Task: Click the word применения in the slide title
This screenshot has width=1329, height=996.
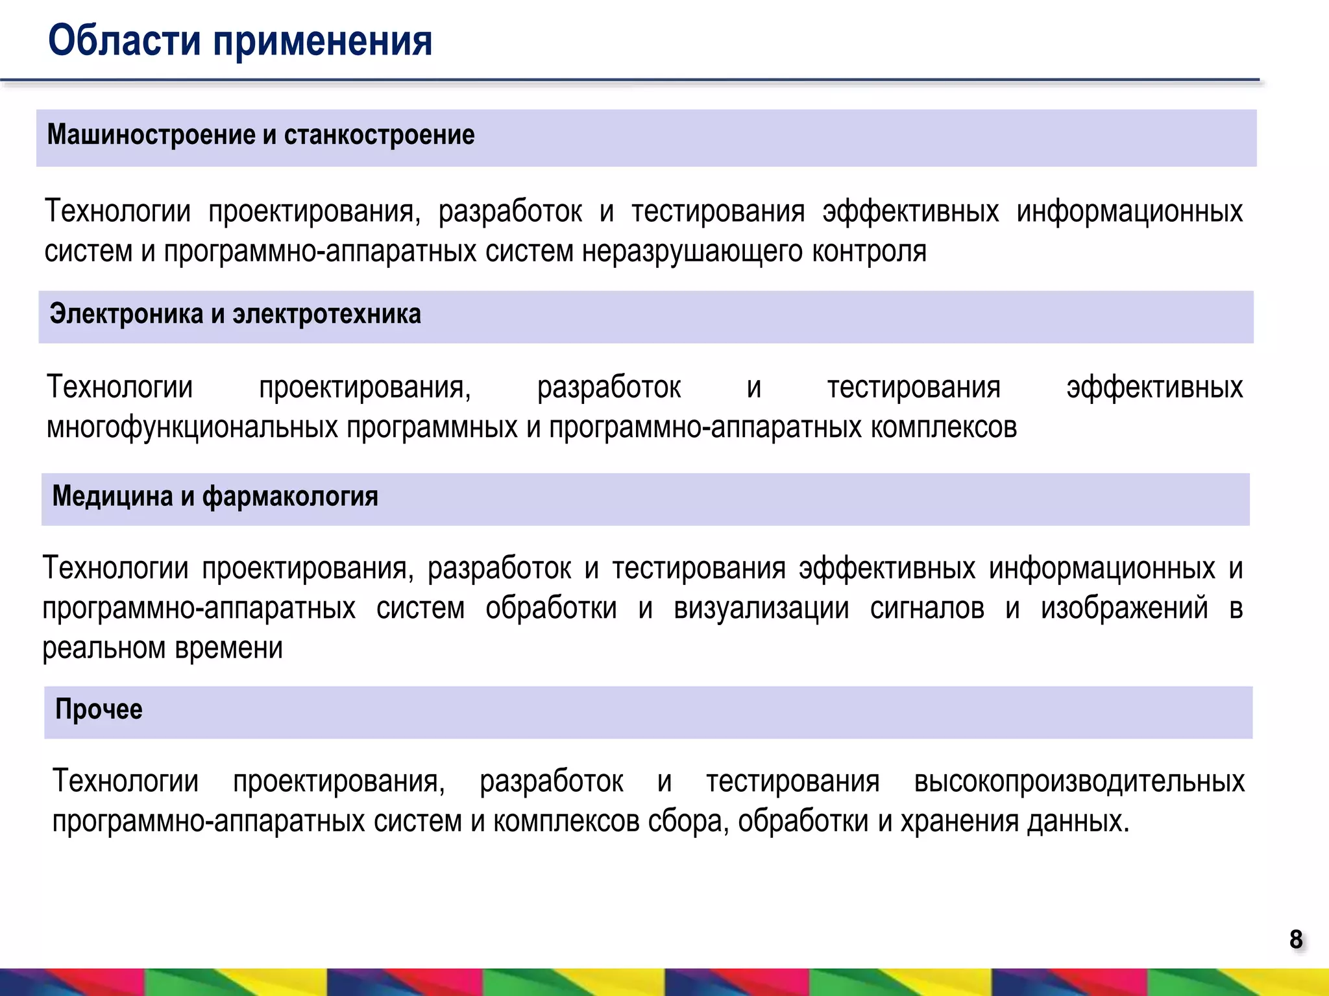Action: (322, 41)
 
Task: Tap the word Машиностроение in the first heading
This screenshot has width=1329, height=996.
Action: (151, 135)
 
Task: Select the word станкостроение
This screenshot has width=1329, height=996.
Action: (379, 135)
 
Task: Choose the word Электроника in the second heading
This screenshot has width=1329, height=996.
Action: (127, 314)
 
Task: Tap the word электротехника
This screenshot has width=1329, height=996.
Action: (326, 314)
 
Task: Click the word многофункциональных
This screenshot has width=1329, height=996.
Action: (192, 428)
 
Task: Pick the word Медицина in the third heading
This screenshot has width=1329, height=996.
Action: (112, 497)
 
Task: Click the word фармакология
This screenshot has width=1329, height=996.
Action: (290, 497)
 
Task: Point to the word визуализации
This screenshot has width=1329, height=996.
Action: (761, 609)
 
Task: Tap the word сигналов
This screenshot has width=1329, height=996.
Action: (927, 609)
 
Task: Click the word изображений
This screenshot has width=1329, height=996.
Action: (1125, 609)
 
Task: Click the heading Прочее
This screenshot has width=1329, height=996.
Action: (99, 710)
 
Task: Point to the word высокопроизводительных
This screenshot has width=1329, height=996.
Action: (1079, 782)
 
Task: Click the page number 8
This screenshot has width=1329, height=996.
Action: (1296, 939)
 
